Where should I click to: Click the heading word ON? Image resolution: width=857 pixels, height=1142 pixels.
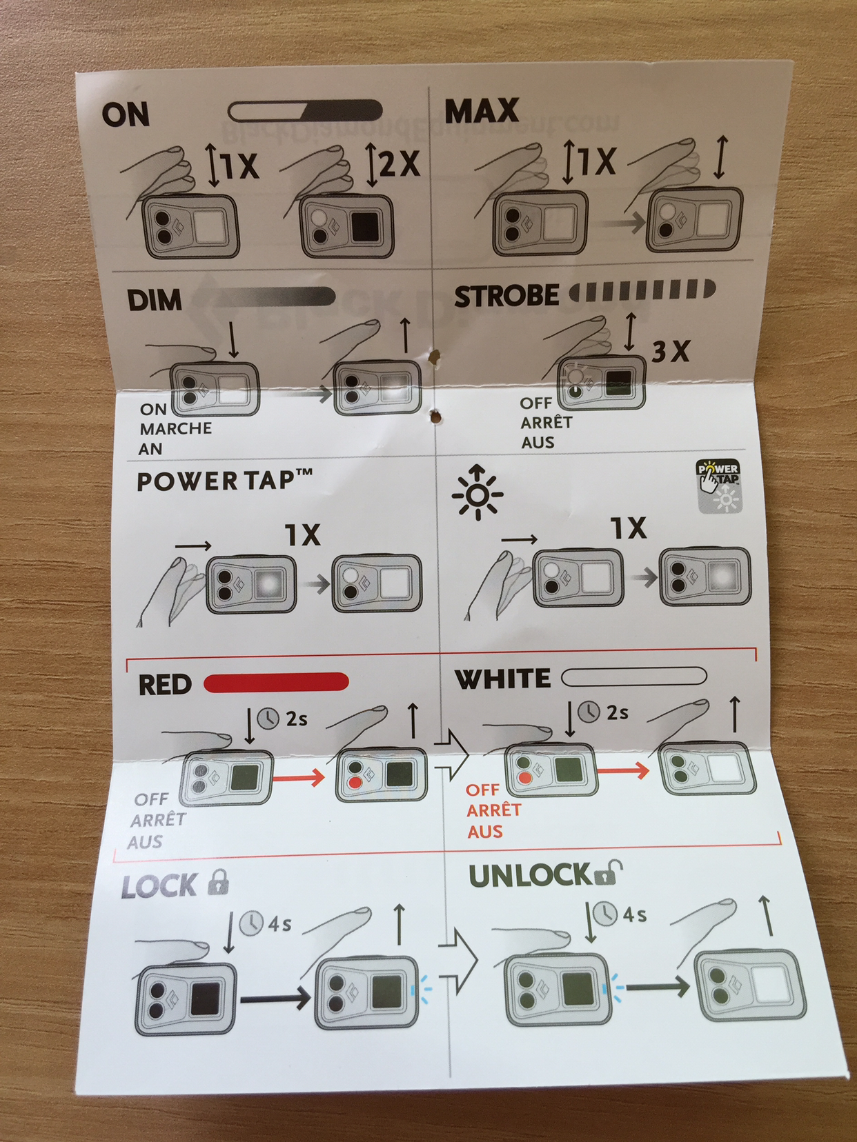point(126,114)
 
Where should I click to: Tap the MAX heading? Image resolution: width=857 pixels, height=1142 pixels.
point(482,110)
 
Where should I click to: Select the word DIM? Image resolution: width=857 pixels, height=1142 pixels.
point(155,300)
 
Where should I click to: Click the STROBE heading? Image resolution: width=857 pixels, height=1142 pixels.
point(506,296)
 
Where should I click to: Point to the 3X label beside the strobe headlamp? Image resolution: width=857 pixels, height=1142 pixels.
point(670,352)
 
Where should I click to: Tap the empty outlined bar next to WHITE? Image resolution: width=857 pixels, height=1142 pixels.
point(633,677)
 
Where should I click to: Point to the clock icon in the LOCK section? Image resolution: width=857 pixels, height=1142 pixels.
point(250,923)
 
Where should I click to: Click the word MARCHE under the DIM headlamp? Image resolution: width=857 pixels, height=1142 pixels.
point(176,429)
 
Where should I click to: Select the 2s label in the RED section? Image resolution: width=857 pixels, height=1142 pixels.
point(297,719)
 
